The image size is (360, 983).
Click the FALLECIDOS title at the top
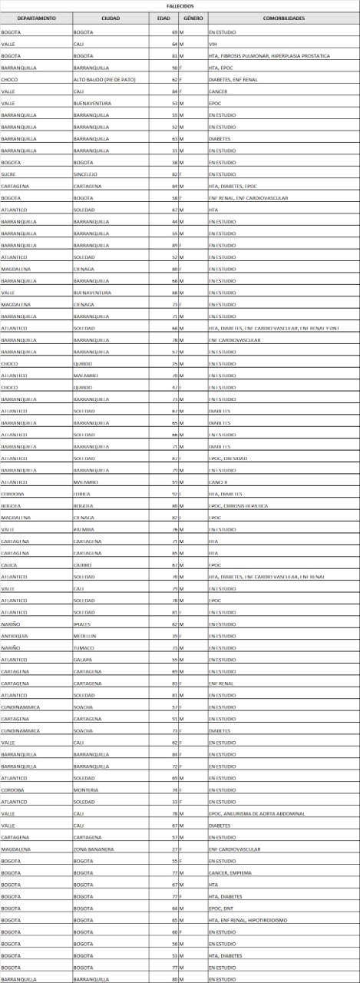tap(180, 5)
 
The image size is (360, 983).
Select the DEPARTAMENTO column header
tap(35, 17)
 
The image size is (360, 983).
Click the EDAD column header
tap(163, 17)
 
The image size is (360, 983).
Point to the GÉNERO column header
tap(193, 17)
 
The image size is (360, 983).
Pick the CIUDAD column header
tap(110, 17)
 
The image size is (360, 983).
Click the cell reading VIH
tap(213, 45)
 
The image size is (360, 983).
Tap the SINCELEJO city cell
tap(85, 174)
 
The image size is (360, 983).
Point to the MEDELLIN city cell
tap(85, 636)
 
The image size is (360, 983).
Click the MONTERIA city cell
tap(85, 789)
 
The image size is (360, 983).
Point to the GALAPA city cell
tap(83, 660)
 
